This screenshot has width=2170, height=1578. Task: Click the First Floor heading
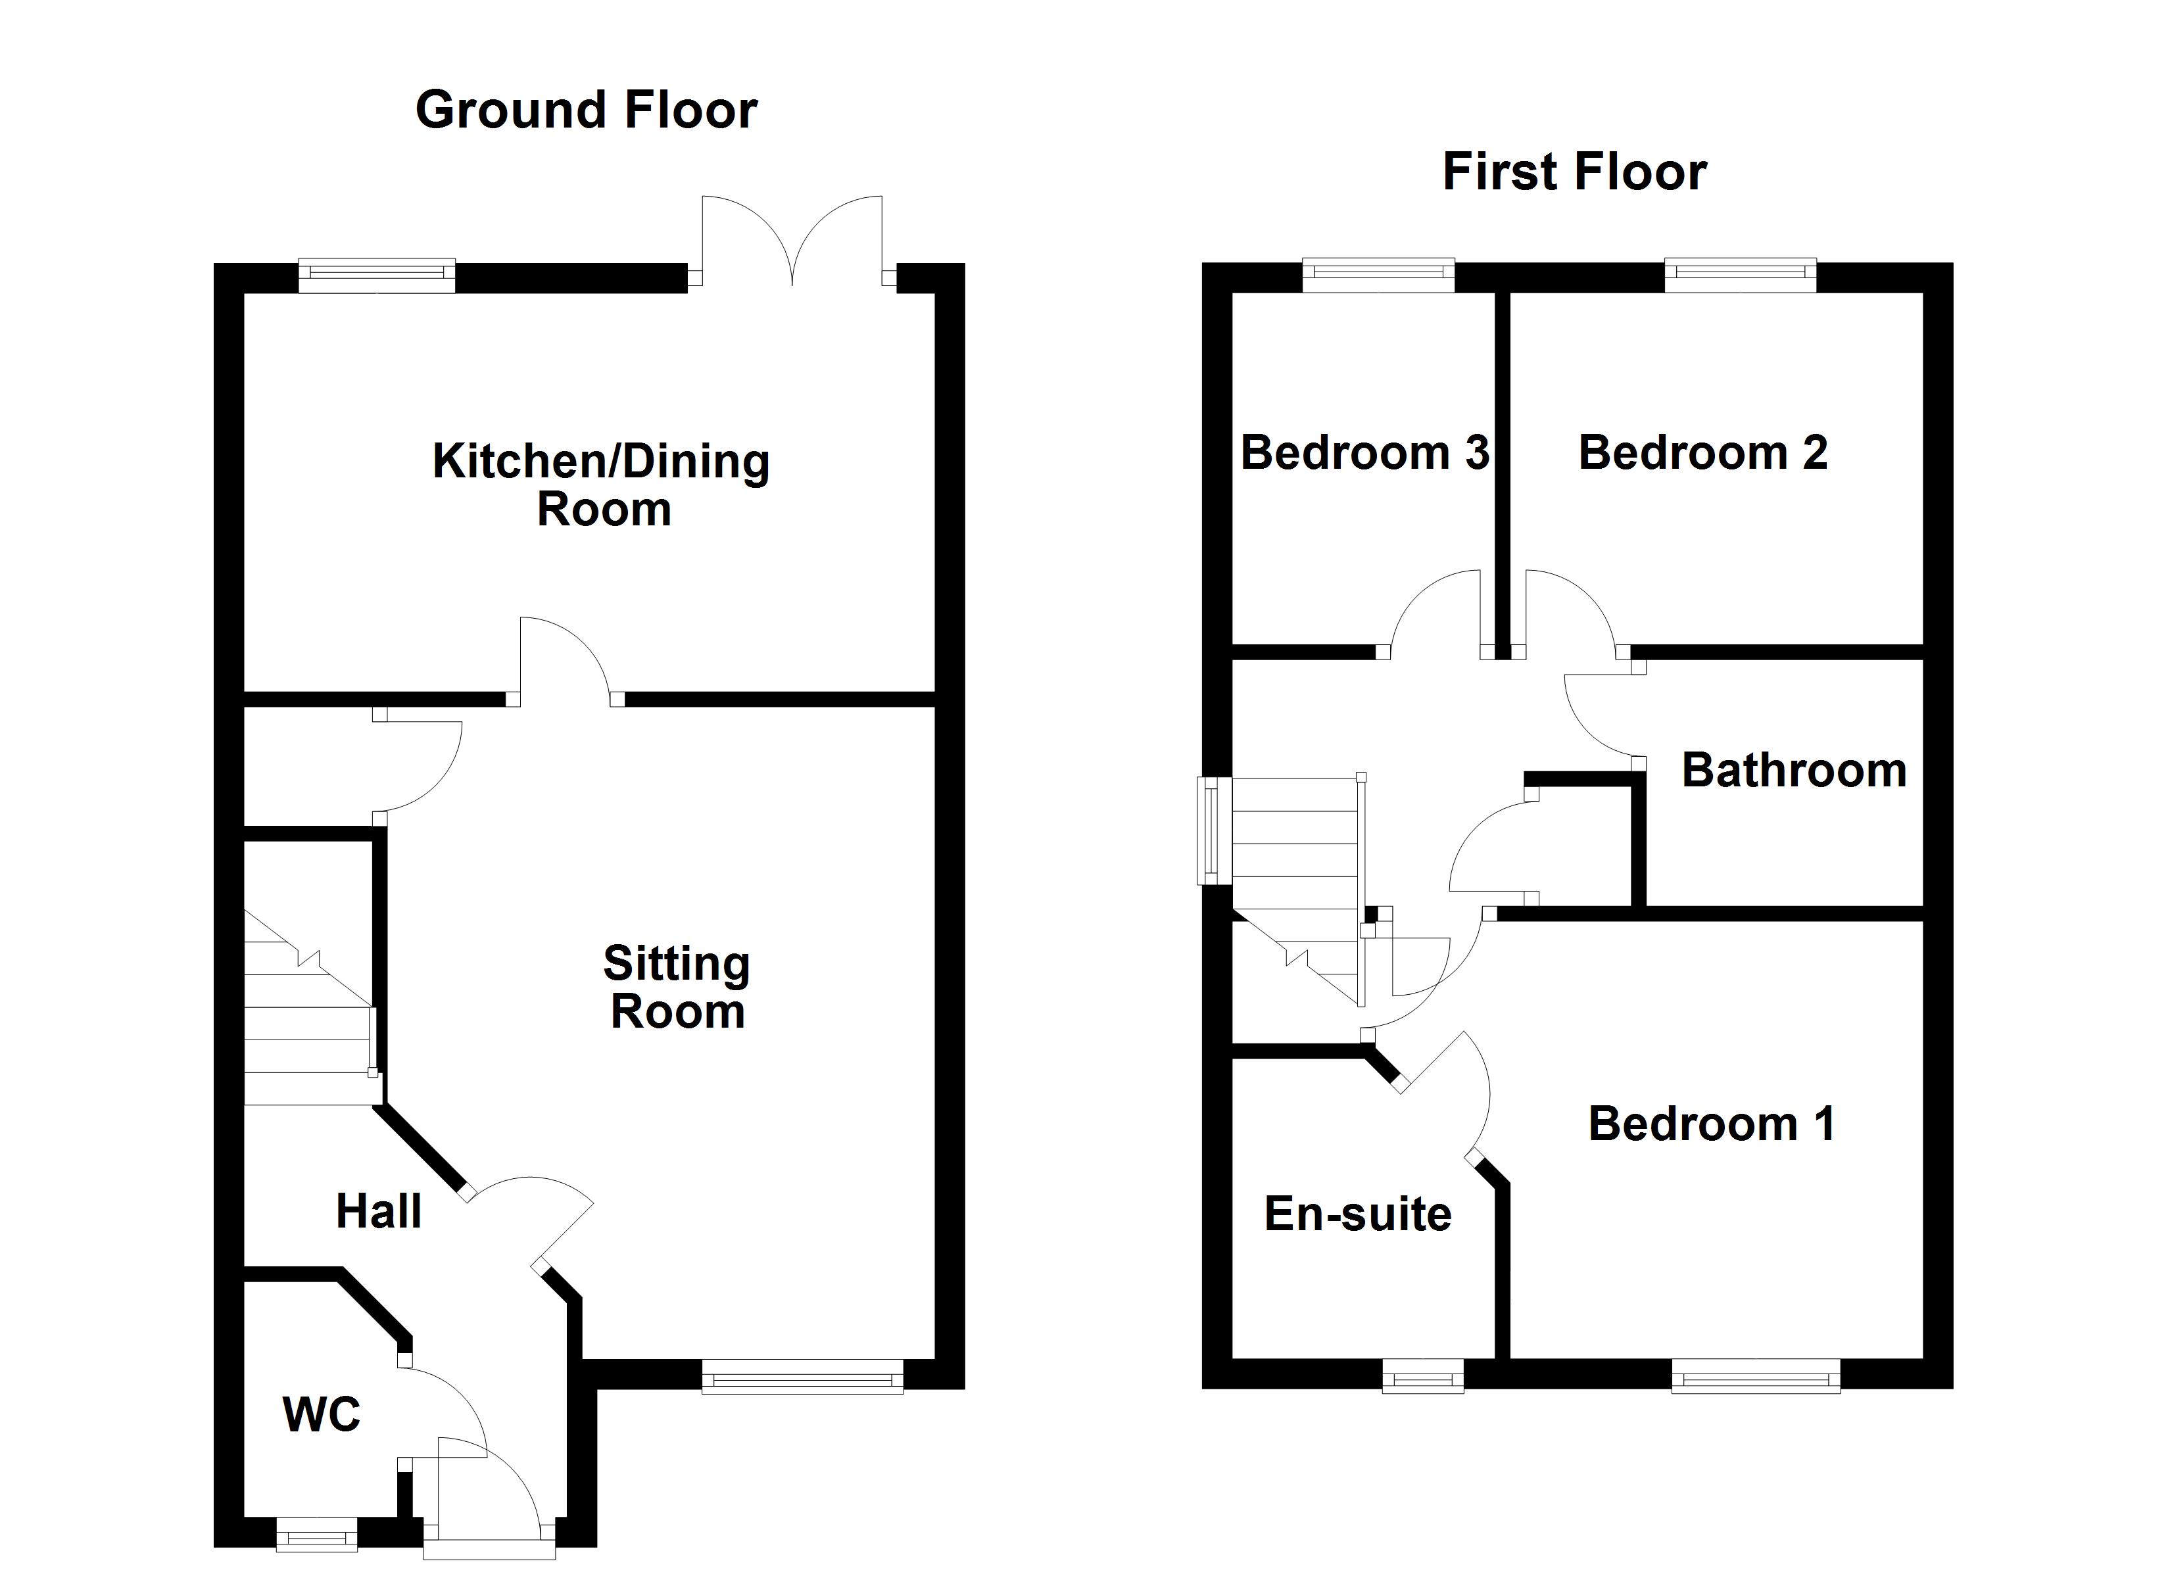click(1574, 173)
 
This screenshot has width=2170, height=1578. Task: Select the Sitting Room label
click(677, 987)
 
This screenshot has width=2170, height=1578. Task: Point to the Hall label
click(378, 1212)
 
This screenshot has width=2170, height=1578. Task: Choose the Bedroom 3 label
click(1364, 452)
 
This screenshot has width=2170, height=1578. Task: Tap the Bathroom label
click(1794, 771)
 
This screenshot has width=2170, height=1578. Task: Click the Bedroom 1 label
click(1712, 1124)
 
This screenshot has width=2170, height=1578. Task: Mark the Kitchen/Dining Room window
click(376, 277)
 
